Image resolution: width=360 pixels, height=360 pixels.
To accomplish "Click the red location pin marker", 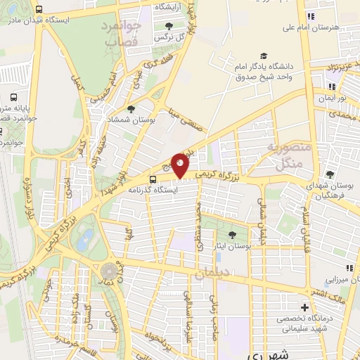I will [x=180, y=165].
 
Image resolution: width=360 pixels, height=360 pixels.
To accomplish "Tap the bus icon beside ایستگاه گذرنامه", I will [x=153, y=179].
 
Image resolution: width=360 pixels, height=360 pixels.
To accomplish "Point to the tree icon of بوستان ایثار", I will [x=233, y=234].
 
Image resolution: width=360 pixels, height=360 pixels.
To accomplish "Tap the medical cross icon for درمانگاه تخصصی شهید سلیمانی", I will [x=304, y=307].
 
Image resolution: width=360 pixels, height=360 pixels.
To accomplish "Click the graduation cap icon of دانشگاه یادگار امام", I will [x=264, y=56].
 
